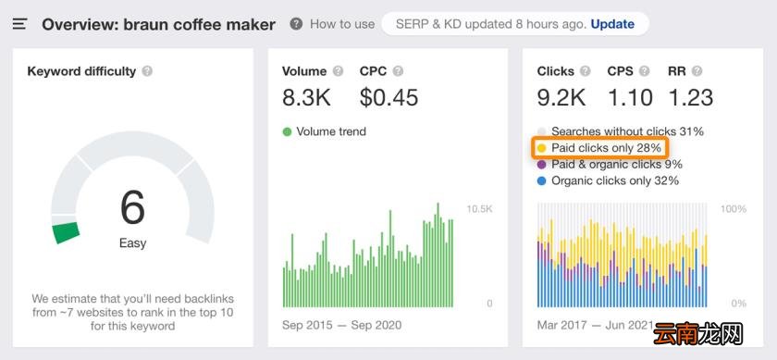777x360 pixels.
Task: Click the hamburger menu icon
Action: coord(19,24)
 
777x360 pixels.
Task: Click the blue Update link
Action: coord(612,24)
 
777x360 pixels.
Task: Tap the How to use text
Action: coord(342,24)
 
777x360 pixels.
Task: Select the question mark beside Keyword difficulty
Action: coord(147,71)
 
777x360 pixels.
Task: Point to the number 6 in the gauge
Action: coord(132,208)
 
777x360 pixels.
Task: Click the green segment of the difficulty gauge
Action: coord(67,232)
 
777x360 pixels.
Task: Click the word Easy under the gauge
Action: coord(133,243)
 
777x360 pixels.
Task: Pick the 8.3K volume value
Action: coord(306,98)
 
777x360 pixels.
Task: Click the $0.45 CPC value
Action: coord(389,98)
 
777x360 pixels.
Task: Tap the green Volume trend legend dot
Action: coord(287,132)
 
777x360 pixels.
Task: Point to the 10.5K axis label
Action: coord(479,209)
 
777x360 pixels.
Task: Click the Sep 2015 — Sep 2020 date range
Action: coord(342,325)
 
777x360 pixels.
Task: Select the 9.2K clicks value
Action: coord(561,98)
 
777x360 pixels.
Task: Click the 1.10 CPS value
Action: coord(630,98)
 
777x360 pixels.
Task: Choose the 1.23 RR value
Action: coord(690,98)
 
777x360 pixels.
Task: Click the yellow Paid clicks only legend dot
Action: coord(542,148)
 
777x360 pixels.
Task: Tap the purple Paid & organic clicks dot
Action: coord(542,164)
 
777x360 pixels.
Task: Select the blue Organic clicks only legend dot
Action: coord(542,181)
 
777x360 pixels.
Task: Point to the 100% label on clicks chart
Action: coord(734,209)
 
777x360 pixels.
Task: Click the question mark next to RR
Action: coord(697,71)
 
